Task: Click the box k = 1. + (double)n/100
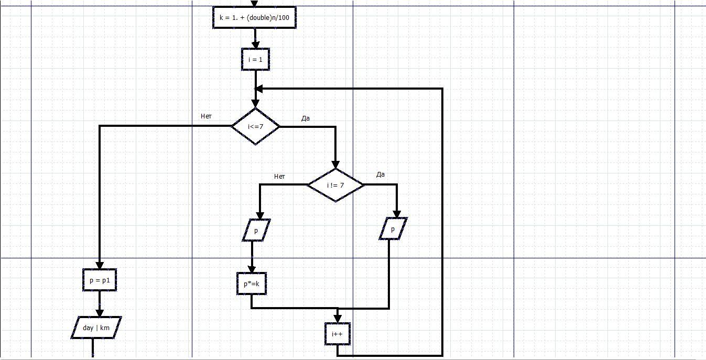click(254, 18)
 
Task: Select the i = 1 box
click(255, 59)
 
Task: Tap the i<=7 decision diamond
click(256, 126)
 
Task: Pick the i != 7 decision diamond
click(335, 185)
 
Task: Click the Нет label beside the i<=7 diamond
click(206, 116)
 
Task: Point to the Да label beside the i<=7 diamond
click(306, 118)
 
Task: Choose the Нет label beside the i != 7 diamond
click(279, 177)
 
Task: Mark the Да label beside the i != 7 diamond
click(381, 174)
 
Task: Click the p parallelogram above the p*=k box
click(256, 231)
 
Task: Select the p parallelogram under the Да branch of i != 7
click(393, 229)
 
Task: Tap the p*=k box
click(252, 284)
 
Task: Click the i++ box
click(337, 333)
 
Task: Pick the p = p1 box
click(100, 280)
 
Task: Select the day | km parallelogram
click(96, 328)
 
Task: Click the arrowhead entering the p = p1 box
click(100, 266)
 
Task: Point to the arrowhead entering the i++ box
click(337, 319)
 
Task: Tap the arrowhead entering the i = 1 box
click(255, 45)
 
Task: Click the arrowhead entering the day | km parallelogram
click(100, 313)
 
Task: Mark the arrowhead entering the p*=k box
click(252, 269)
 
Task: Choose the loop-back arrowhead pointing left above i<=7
click(259, 89)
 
